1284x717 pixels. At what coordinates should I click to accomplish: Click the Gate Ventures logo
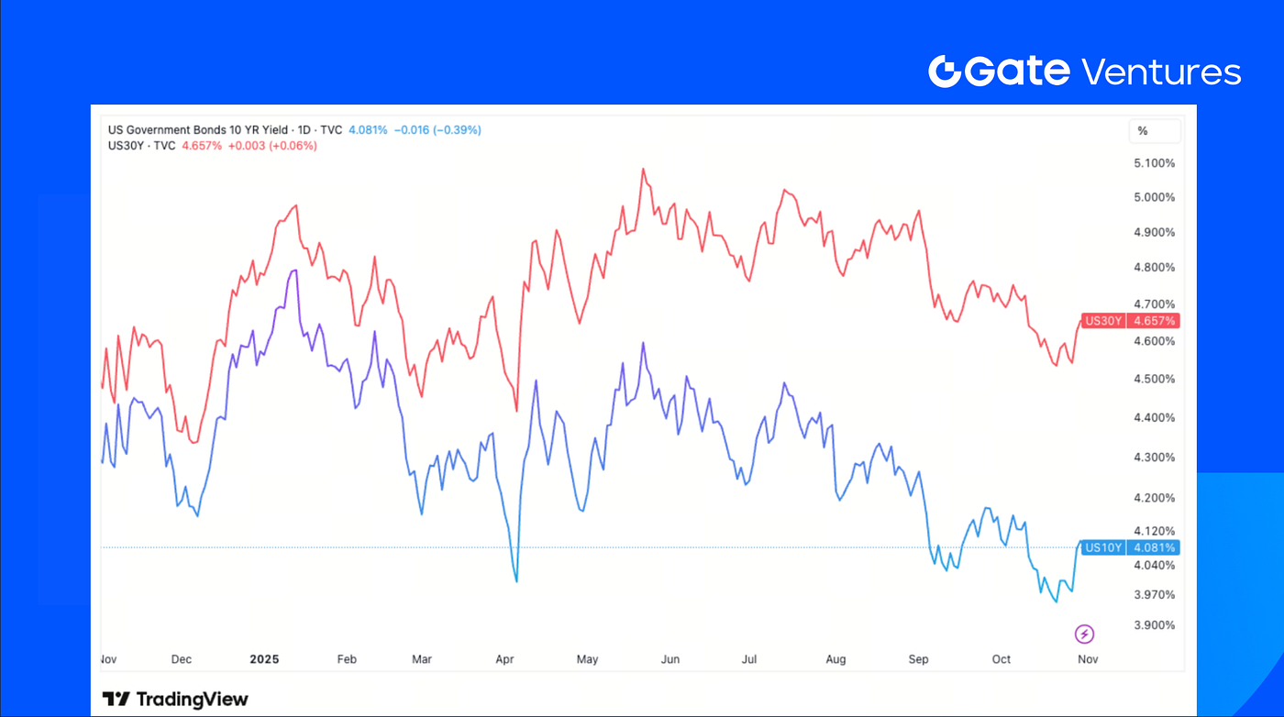point(1084,72)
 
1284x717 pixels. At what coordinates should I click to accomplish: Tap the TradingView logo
point(174,699)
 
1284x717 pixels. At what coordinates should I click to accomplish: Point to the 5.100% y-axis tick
point(1155,163)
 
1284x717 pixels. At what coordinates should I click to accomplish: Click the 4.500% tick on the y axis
point(1155,379)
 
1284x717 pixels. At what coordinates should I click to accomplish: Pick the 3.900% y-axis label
point(1155,625)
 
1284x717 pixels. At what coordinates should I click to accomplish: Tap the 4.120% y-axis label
point(1155,531)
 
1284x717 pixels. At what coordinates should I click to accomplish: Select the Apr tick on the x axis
point(504,659)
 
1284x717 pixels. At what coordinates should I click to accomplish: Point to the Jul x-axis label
point(749,659)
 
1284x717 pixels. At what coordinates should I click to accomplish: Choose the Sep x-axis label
point(918,659)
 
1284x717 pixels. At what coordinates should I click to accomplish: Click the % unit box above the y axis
point(1155,131)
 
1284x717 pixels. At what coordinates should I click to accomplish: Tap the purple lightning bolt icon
point(1084,634)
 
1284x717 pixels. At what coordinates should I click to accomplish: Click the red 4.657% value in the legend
point(202,146)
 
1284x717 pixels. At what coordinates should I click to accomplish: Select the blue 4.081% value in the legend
point(367,130)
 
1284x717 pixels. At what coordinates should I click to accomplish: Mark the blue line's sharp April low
point(517,581)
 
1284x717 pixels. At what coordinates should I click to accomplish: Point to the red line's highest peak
point(643,169)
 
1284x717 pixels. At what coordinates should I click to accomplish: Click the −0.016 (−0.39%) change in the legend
point(437,130)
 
